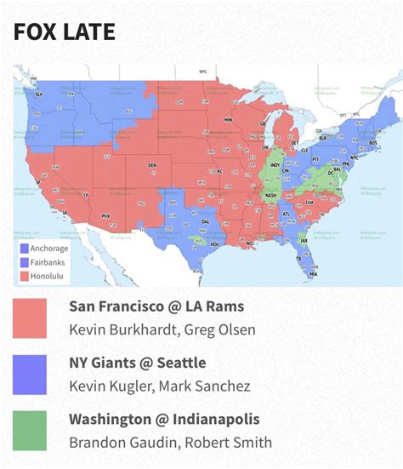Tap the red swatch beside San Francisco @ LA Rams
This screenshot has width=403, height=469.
click(x=30, y=317)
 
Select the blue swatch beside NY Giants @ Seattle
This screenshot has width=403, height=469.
click(x=30, y=375)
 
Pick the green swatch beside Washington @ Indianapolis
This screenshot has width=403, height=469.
click(x=30, y=431)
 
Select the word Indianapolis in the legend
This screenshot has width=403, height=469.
click(x=219, y=419)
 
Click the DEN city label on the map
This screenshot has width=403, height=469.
click(x=152, y=164)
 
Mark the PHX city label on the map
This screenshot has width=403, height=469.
click(x=106, y=216)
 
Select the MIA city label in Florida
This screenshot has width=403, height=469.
click(x=313, y=274)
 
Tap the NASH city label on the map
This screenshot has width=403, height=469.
click(x=271, y=194)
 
